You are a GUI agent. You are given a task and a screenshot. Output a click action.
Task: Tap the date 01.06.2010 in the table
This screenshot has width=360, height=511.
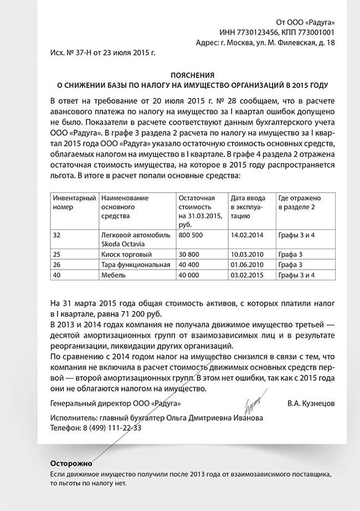(x=245, y=265)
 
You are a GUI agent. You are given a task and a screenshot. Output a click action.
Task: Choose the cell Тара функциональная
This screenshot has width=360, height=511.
(x=135, y=265)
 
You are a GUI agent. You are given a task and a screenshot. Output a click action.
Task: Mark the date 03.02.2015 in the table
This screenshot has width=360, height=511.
(x=245, y=275)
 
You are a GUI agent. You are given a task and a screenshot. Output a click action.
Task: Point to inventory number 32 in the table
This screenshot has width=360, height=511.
(x=56, y=235)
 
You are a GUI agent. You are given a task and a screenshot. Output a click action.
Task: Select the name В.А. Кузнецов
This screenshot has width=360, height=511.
(x=311, y=404)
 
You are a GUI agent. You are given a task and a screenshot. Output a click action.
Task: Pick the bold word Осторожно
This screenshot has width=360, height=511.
(x=71, y=463)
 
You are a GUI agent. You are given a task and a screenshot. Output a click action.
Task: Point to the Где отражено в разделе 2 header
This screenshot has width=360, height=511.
(x=300, y=202)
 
